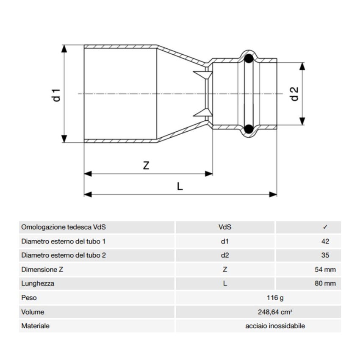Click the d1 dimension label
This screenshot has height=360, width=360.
[x=56, y=95]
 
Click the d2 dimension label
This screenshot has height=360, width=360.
[x=294, y=94]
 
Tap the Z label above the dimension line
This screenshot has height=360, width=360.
[x=146, y=165]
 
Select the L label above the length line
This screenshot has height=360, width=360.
[x=180, y=186]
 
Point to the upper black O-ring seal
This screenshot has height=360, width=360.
[x=249, y=58]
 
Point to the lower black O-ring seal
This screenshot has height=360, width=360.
[x=249, y=129]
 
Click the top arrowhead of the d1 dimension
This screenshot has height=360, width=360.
[x=64, y=49]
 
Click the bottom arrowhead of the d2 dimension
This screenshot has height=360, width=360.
[x=302, y=121]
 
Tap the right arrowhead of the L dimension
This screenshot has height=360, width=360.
[x=273, y=195]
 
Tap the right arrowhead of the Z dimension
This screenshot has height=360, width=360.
[x=209, y=174]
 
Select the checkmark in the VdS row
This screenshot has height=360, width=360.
[x=325, y=227]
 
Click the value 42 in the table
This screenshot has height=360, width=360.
[x=325, y=241]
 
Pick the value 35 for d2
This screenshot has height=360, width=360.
[x=325, y=255]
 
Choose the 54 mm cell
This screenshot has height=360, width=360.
[x=325, y=269]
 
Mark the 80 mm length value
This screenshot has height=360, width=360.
[x=325, y=283]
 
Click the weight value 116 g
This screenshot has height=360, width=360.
[x=275, y=298]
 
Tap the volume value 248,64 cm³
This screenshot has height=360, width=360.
[x=275, y=312]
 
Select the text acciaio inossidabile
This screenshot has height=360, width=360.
[x=275, y=326]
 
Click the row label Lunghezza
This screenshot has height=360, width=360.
[x=38, y=283]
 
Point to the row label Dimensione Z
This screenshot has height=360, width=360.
[x=42, y=269]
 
